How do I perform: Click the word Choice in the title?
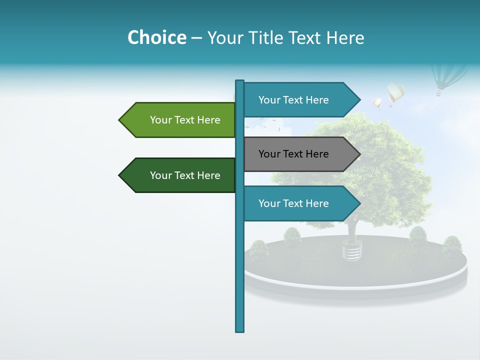click(156, 37)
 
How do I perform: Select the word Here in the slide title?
click(345, 37)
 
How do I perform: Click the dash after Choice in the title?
click(196, 38)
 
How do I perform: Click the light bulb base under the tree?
click(352, 250)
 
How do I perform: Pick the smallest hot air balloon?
click(377, 103)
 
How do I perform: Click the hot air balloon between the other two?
click(395, 92)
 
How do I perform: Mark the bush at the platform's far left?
click(259, 248)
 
